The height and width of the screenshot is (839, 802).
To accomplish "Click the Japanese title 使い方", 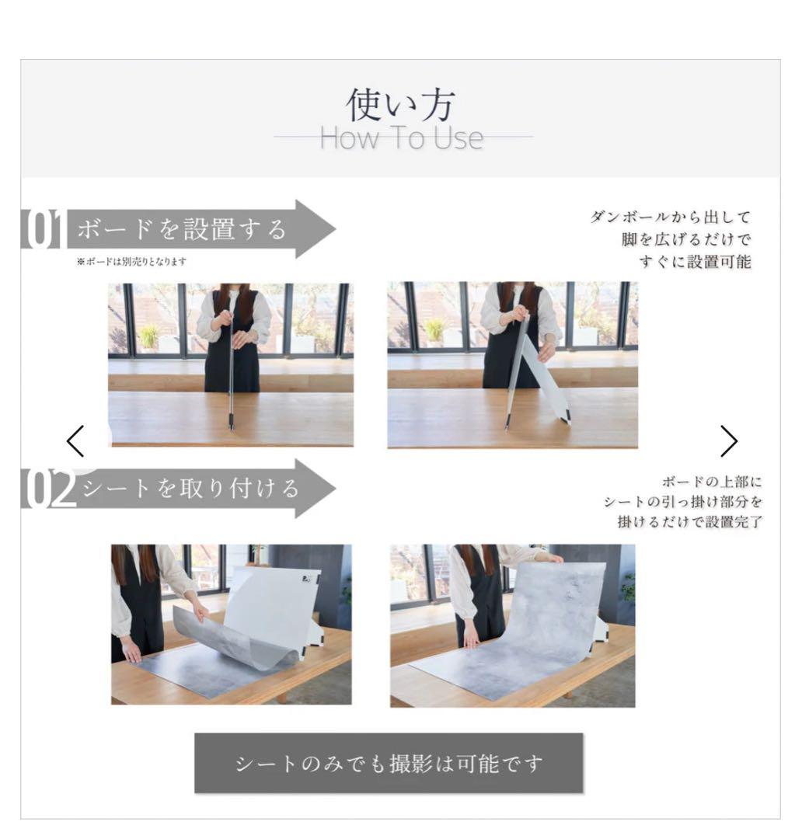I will tap(400, 106).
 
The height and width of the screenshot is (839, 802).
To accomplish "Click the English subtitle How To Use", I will tap(401, 139).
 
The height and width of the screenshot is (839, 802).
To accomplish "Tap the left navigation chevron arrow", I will tap(75, 441).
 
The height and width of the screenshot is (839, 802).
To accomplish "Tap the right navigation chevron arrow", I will tap(728, 441).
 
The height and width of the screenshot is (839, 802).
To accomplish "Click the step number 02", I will tap(48, 489).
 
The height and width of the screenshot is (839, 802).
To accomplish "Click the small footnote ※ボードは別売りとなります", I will tap(131, 263).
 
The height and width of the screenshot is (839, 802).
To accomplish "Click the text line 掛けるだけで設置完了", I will tap(689, 522).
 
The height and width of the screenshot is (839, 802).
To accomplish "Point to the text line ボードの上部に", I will tap(712, 482).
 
